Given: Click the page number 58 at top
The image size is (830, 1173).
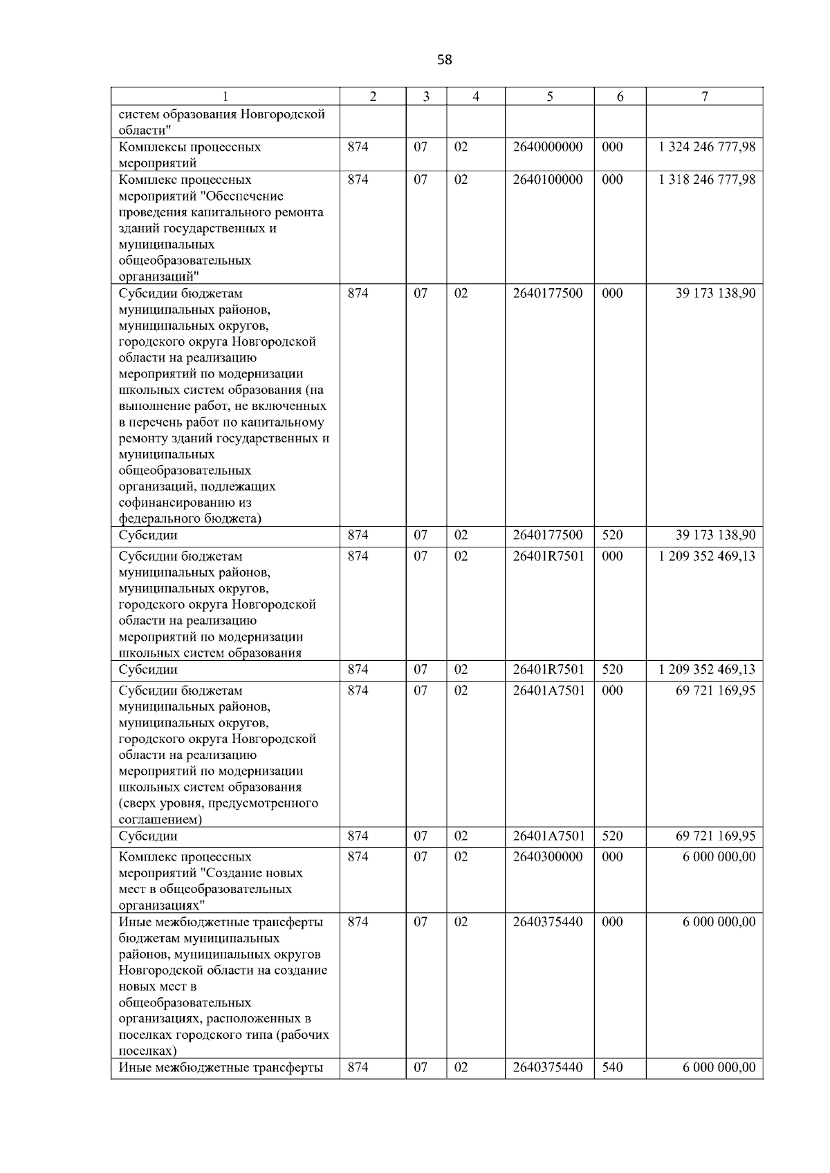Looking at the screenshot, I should click(x=445, y=60).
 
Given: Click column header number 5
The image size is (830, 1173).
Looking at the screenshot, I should click(x=549, y=97).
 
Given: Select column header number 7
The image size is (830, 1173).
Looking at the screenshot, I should click(x=704, y=97).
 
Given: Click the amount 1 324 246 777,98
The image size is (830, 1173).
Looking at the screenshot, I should click(x=707, y=147).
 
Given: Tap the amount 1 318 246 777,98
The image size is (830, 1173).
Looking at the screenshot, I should click(x=707, y=180).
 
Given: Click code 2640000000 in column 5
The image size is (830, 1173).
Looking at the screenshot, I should click(x=548, y=147).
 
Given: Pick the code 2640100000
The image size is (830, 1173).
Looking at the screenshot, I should click(x=548, y=180).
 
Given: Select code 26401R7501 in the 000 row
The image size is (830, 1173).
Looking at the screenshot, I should click(x=548, y=556).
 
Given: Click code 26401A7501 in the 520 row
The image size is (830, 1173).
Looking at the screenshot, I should click(x=548, y=836).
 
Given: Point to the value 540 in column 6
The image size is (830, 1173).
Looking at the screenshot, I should click(x=612, y=1067).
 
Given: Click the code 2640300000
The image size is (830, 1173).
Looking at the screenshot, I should click(x=548, y=857).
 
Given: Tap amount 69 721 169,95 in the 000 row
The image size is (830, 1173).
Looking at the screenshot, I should click(x=715, y=691).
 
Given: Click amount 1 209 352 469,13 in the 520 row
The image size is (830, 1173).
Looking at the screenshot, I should click(x=707, y=670).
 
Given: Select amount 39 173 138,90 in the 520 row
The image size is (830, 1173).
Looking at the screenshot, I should click(x=715, y=535).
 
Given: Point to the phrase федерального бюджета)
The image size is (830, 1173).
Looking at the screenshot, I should click(x=190, y=518).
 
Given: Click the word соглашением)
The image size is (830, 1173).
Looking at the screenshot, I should click(x=160, y=820).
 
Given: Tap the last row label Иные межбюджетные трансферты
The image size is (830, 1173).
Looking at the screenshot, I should click(x=221, y=1067).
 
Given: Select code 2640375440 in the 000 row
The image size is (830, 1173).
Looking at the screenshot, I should click(x=548, y=922).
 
